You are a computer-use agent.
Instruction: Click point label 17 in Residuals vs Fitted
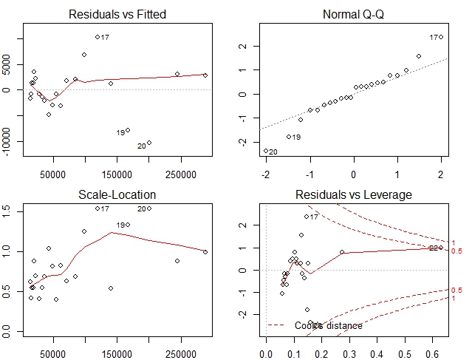(105, 37)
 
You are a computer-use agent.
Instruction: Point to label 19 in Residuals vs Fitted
(120, 133)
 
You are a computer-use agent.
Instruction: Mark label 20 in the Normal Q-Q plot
(273, 152)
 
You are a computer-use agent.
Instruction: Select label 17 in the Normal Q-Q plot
(434, 38)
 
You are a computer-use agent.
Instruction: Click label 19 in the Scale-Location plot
(120, 225)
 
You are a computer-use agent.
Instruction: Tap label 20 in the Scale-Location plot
(141, 209)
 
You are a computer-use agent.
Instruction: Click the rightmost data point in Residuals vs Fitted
(205, 75)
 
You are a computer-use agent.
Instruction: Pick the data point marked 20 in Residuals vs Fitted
(149, 143)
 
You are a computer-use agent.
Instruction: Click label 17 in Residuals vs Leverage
(314, 217)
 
